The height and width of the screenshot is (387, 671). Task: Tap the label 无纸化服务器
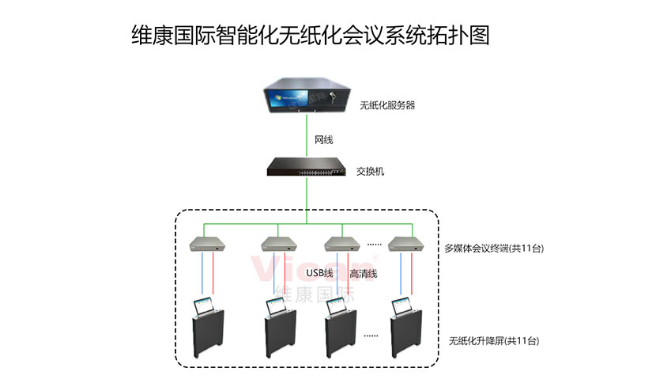click(387, 104)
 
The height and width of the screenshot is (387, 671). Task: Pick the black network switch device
click(304, 168)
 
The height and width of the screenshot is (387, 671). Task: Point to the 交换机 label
click(371, 171)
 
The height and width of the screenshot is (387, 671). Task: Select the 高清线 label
click(364, 274)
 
